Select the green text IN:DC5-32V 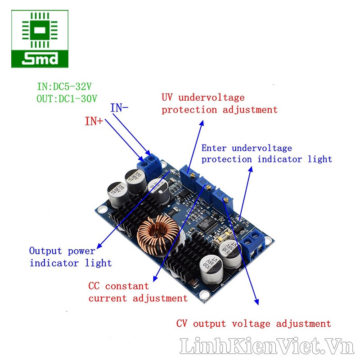(x=67, y=85)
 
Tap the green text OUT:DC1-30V (x=67, y=98)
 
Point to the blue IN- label (x=119, y=108)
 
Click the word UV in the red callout (x=168, y=97)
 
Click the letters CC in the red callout (x=94, y=286)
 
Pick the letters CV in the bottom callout (x=181, y=324)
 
